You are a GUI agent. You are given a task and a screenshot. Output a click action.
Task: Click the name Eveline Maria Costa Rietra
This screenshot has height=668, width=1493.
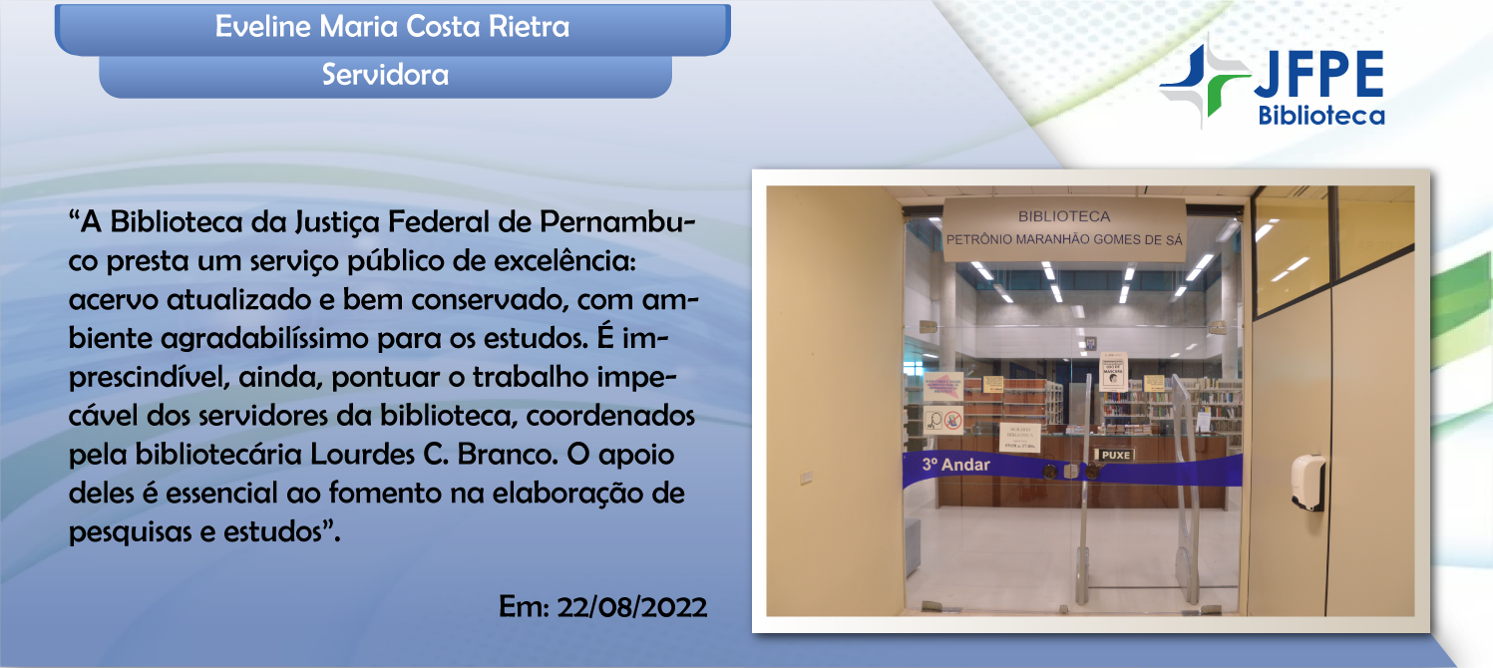tap(392, 27)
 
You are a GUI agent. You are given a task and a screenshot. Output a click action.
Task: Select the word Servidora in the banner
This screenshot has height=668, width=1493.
tap(385, 75)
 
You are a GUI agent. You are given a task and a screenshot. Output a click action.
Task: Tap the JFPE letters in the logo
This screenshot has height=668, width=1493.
tap(1318, 75)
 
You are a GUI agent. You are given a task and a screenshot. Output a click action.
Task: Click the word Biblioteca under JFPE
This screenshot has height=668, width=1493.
tap(1321, 117)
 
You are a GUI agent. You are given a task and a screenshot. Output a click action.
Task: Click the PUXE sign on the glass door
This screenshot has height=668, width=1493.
tap(1115, 455)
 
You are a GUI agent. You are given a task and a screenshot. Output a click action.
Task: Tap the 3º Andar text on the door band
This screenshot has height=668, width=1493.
tap(954, 465)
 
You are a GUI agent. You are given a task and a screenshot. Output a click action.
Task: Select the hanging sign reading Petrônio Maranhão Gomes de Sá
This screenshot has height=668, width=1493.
tap(1063, 228)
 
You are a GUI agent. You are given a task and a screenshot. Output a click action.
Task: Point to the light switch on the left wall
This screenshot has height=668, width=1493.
tap(806, 479)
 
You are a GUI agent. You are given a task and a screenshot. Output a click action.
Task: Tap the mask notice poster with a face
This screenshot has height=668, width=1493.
tap(1113, 371)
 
